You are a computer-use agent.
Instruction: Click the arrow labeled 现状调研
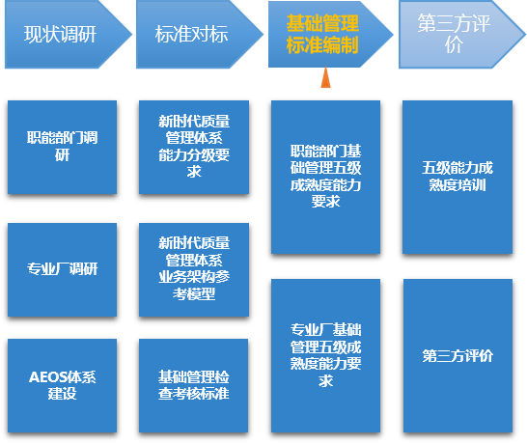[68, 35]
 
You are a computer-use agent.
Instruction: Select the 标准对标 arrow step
[199, 35]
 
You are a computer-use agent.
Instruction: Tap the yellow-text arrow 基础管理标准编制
[330, 35]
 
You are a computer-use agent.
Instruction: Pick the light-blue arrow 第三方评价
[461, 35]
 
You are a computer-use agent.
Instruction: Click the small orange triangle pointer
[325, 77]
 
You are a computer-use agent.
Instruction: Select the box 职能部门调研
[62, 148]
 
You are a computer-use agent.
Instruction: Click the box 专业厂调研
[62, 270]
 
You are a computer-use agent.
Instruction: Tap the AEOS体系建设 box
[62, 385]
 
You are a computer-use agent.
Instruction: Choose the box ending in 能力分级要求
[194, 148]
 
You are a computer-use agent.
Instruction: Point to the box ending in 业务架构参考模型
[194, 270]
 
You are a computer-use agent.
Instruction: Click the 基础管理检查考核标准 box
[194, 385]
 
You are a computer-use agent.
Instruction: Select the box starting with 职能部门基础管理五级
[325, 178]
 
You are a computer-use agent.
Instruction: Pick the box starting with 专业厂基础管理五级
[325, 355]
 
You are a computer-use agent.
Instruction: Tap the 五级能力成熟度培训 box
[458, 178]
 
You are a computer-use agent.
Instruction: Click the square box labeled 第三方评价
[458, 355]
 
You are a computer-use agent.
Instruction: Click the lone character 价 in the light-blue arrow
[454, 45]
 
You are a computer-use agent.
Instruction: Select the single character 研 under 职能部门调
[62, 155]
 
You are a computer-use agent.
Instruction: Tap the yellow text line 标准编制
[322, 45]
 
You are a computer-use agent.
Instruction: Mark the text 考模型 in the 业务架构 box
[194, 294]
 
